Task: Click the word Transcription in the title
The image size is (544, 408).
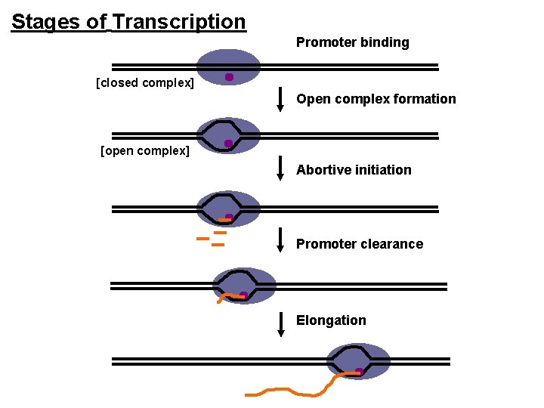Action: click(x=178, y=22)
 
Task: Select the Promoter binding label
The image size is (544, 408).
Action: click(x=352, y=43)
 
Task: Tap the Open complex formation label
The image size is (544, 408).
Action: click(x=376, y=99)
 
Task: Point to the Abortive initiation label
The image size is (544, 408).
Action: click(x=354, y=170)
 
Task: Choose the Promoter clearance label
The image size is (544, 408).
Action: click(x=359, y=244)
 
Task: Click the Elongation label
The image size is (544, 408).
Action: click(x=331, y=320)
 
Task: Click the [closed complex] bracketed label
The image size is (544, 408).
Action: click(x=145, y=82)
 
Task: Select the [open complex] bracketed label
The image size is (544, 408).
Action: click(x=145, y=150)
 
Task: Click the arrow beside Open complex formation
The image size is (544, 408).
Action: click(x=280, y=99)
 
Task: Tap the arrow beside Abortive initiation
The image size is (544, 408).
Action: click(x=280, y=169)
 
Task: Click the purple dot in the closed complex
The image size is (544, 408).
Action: click(x=229, y=77)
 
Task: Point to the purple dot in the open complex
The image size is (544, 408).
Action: click(x=228, y=144)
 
